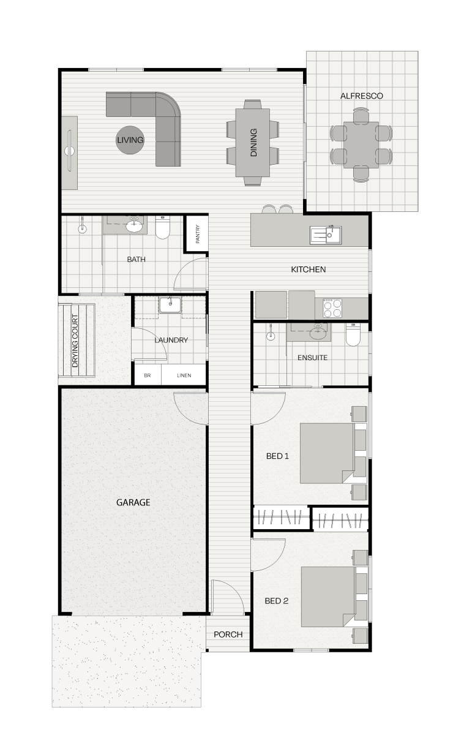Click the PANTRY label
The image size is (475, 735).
click(198, 233)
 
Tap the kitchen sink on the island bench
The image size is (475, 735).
click(326, 235)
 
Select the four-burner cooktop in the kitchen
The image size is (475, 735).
click(332, 307)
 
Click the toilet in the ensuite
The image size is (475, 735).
click(353, 334)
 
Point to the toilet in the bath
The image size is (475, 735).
click(162, 227)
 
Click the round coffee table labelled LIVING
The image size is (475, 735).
click(130, 140)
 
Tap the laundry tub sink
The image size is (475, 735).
click(170, 305)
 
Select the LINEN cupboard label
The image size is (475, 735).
click(184, 375)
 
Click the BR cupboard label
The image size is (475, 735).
click(148, 375)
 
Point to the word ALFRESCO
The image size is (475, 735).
click(362, 96)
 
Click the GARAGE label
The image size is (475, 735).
click(133, 502)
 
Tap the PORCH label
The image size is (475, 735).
click(228, 635)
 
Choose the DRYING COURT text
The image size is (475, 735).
click(75, 341)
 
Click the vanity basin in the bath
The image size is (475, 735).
click(134, 225)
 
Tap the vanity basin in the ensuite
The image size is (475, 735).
click(318, 333)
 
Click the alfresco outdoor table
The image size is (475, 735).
click(361, 145)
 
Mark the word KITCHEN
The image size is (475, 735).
click(309, 269)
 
